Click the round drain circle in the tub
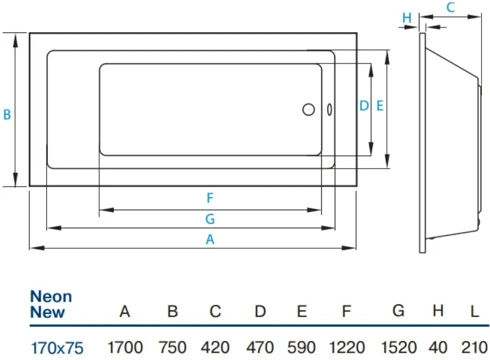(308, 110)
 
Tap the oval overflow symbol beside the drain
(329, 110)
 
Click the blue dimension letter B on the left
(7, 115)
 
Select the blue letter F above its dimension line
(210, 198)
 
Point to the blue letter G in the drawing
(210, 219)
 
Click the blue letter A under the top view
(210, 240)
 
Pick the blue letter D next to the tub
(364, 106)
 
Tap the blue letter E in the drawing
(380, 106)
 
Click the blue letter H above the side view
(406, 18)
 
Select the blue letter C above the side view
(450, 7)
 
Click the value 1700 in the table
(125, 347)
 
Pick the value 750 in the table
(173, 347)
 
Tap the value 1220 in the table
(347, 347)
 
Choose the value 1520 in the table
(399, 347)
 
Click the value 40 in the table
(438, 347)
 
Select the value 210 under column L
(474, 347)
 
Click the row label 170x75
(57, 348)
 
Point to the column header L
(474, 311)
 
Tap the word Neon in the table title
(51, 296)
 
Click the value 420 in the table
(215, 347)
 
